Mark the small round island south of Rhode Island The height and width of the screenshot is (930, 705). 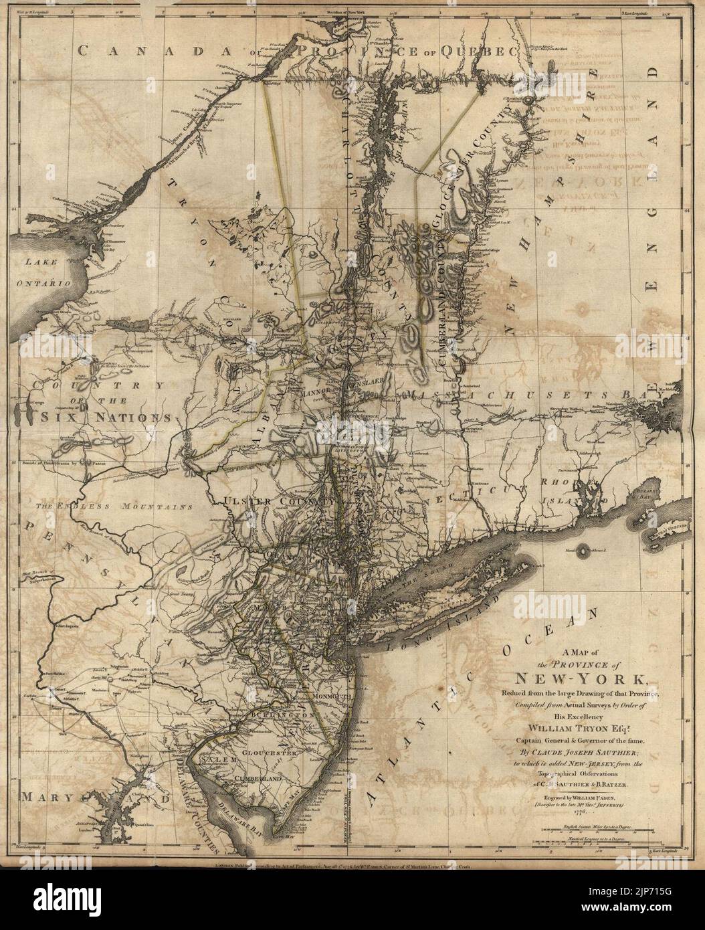590,551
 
